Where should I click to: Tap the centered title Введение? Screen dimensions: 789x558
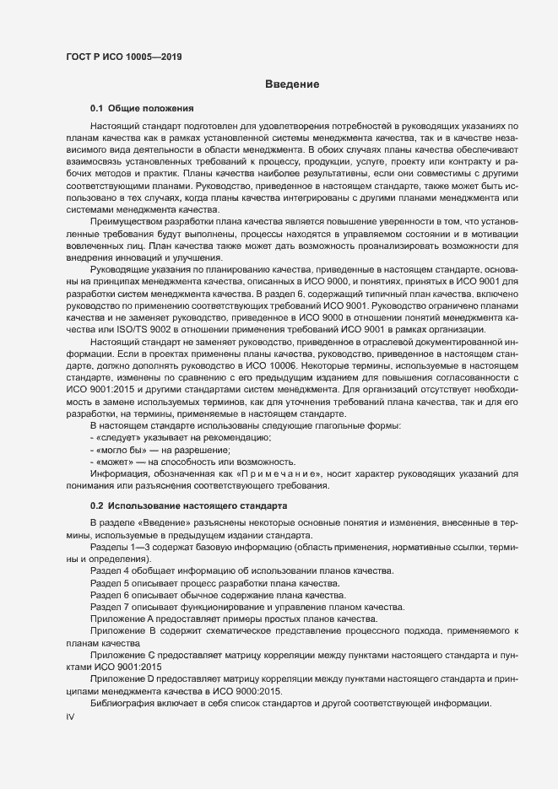point(291,84)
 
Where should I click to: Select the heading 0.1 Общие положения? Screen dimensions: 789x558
point(143,109)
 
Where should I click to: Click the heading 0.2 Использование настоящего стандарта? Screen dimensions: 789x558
point(189,505)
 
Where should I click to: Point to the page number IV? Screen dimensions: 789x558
point(70,717)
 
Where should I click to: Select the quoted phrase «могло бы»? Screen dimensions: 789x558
point(122,451)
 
